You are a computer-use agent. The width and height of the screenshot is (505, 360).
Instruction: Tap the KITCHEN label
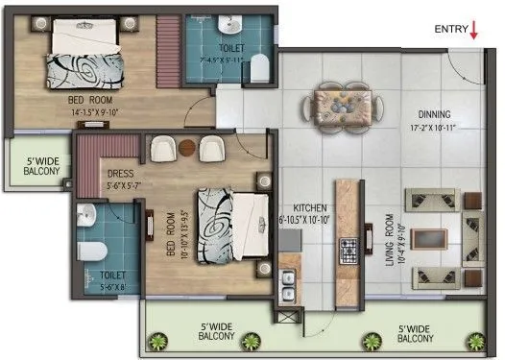pos(301,206)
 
